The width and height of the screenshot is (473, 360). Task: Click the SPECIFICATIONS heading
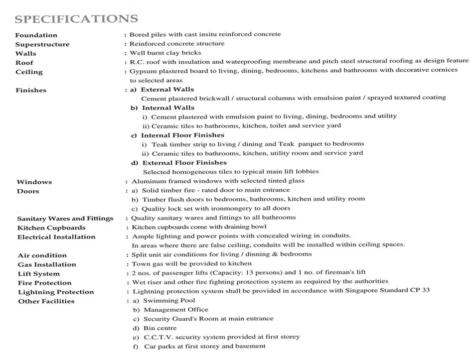tap(76, 19)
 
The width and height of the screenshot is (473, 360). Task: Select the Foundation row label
tap(36, 35)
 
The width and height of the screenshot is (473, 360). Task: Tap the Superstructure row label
tap(42, 44)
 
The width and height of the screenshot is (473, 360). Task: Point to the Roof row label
tap(24, 63)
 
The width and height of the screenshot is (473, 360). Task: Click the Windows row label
tap(34, 182)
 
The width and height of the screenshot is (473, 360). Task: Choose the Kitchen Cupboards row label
tap(51, 227)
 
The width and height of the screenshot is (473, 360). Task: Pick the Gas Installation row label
tap(47, 264)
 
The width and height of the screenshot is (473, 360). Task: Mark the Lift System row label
tap(39, 274)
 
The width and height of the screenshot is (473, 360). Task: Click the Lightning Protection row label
tap(56, 292)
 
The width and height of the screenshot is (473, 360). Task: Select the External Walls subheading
tap(168, 89)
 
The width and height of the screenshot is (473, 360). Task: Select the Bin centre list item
tap(160, 328)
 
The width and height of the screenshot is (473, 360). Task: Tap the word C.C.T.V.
tap(159, 337)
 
